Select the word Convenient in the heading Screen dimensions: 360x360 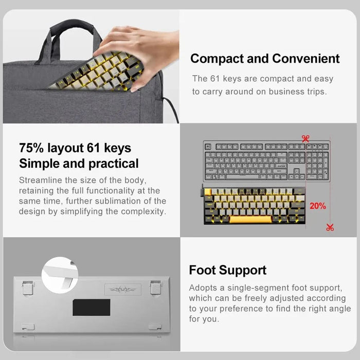tap(305, 59)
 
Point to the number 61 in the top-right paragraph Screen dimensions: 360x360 tap(215, 79)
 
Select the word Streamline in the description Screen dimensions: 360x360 tap(41, 181)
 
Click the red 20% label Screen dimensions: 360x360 tap(317, 206)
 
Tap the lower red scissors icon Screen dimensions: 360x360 tap(330, 227)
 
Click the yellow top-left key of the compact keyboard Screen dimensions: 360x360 tap(208, 192)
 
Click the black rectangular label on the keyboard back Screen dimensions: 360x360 tap(91, 307)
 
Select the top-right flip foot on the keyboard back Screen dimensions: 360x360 tap(155, 287)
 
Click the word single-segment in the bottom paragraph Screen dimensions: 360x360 tap(246, 288)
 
